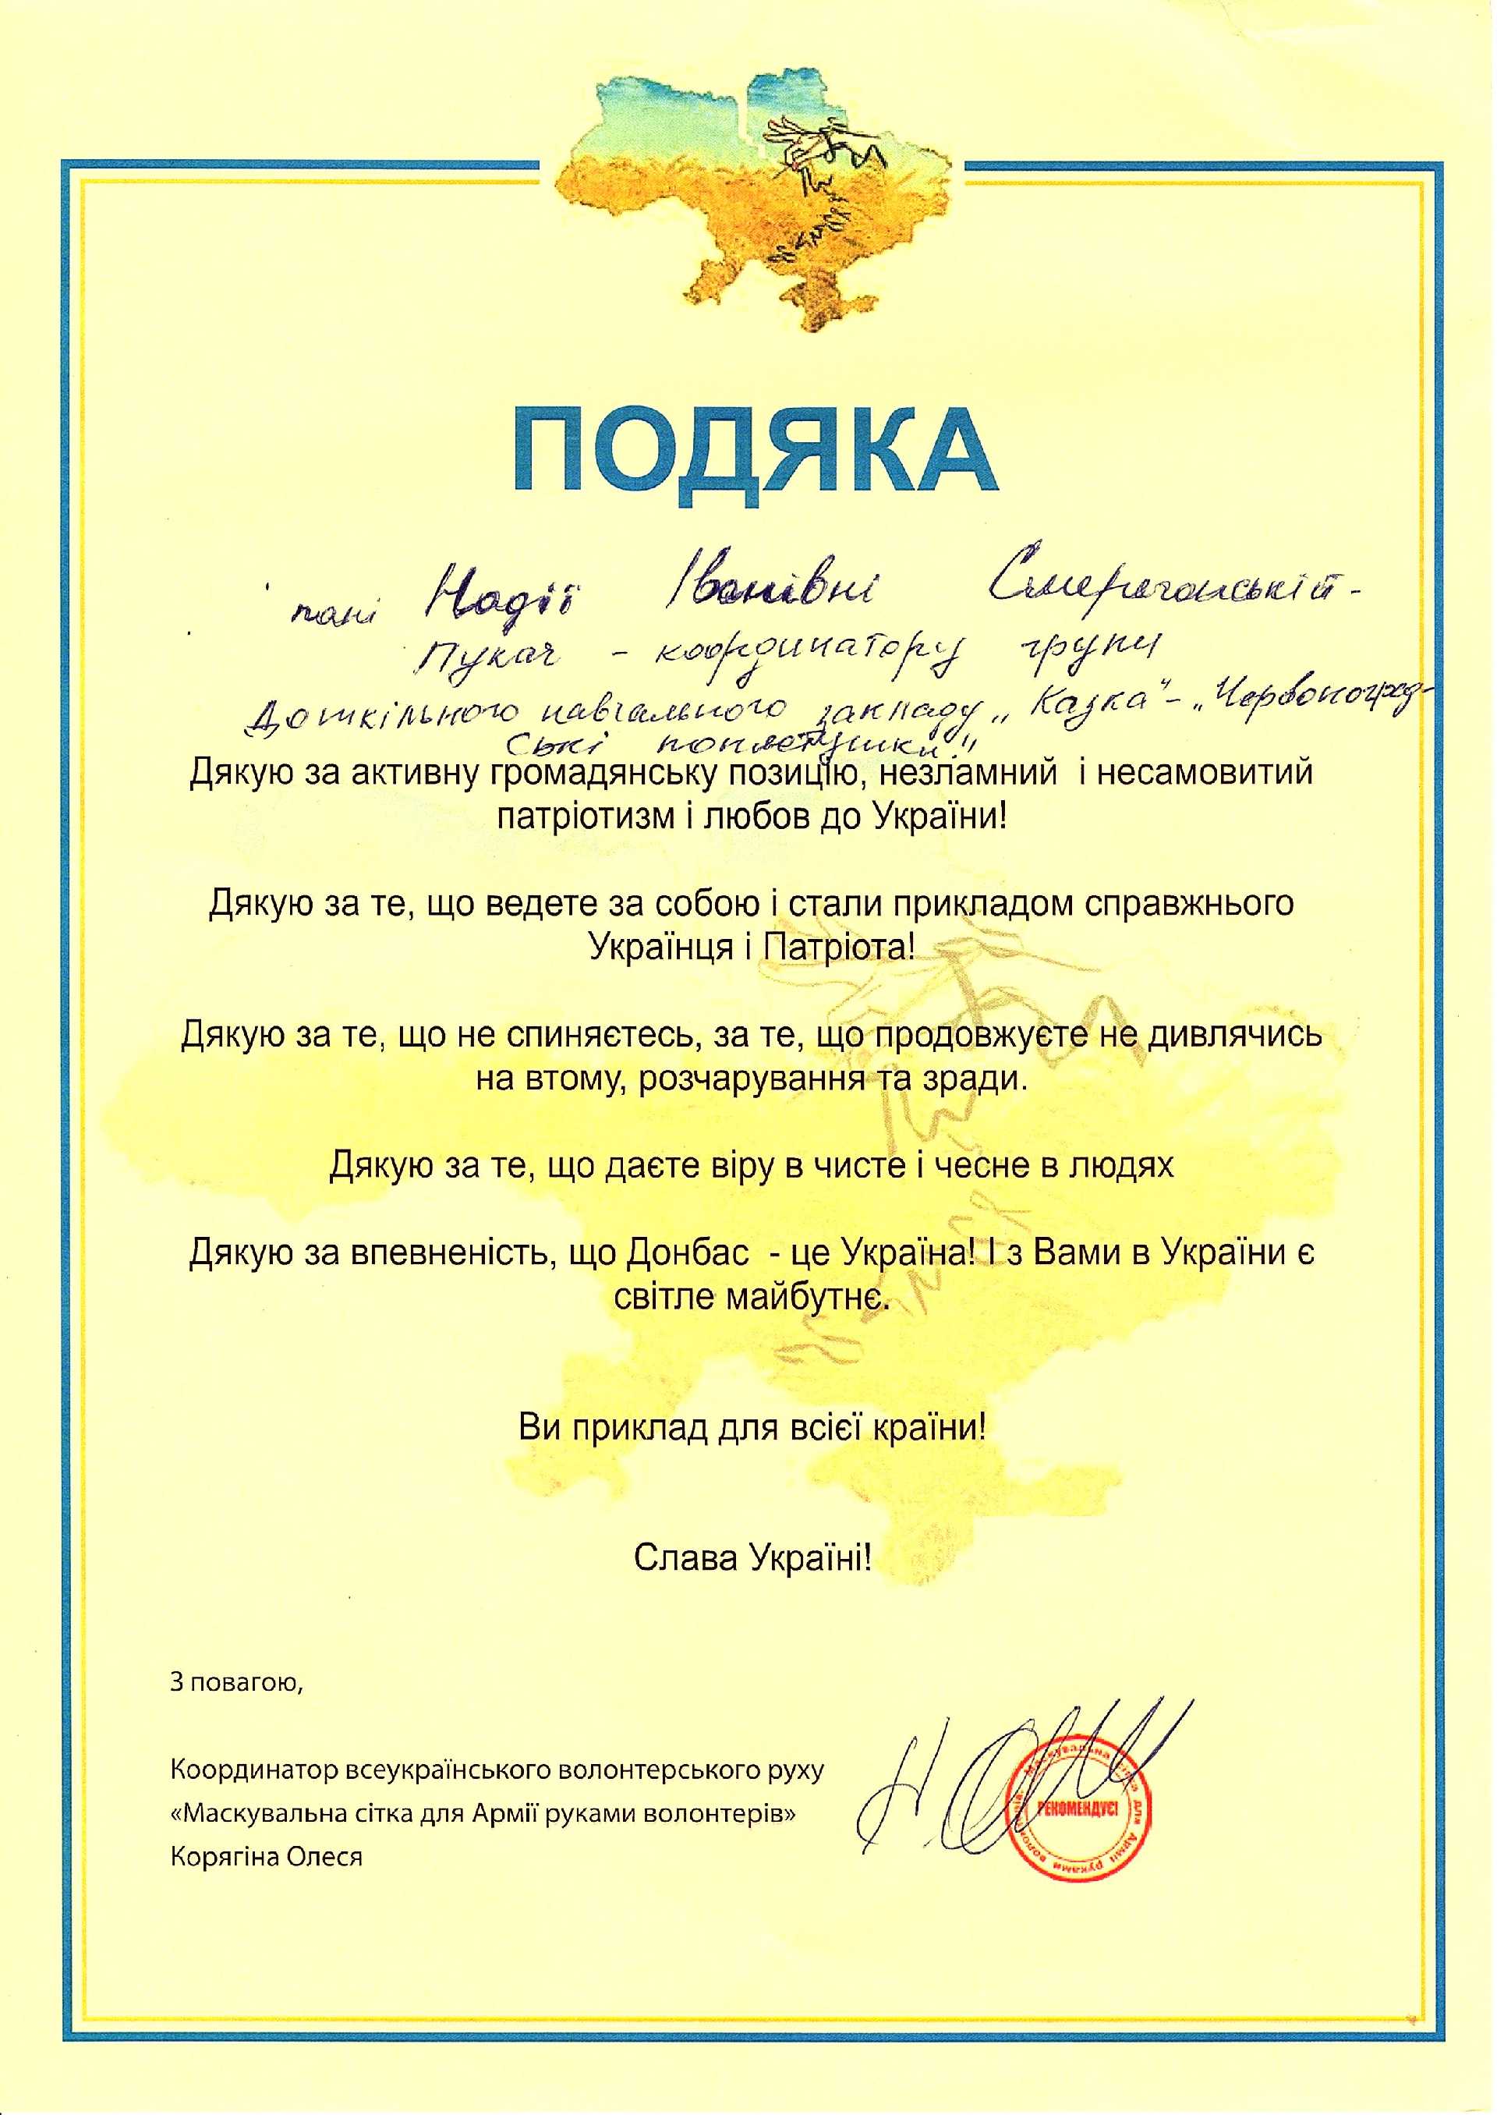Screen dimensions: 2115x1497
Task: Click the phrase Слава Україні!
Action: [x=752, y=1558]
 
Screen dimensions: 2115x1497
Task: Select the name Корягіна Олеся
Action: [x=267, y=1856]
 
